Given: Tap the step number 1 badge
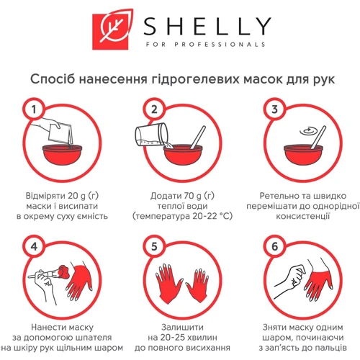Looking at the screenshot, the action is pos(34,109).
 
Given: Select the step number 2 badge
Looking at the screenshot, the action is pos(154,109).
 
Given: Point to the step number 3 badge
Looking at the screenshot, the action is pos(275,109).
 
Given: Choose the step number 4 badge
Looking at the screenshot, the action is pos(34,246).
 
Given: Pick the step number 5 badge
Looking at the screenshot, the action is pos(154,246).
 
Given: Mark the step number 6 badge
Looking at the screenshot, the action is pos(275,246).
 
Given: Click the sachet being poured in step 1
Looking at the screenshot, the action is pos(60,133).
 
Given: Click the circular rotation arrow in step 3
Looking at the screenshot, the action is pos(308,131).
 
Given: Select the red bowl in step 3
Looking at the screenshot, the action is pos(303,155).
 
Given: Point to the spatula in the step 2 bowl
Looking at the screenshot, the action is pos(199,138).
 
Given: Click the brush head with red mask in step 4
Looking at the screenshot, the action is pos(63,272).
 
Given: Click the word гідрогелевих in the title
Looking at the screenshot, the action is pos(195,79).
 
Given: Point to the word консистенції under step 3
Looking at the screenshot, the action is pos(303,216).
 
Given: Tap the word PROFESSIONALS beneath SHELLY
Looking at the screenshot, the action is pos(220,45).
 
